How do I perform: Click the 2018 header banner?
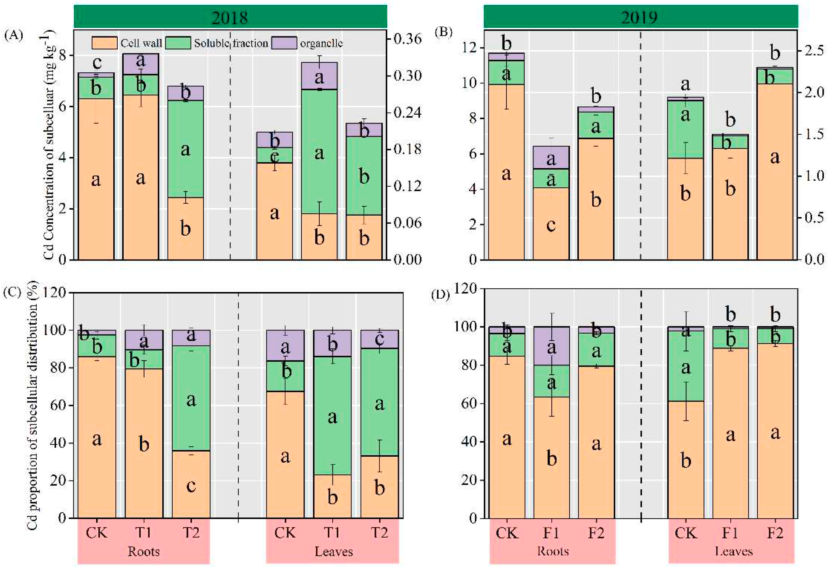click(x=230, y=17)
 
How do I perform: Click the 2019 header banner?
click(x=640, y=17)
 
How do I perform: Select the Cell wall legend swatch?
click(x=104, y=43)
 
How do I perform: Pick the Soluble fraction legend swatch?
click(x=178, y=43)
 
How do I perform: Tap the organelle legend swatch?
click(x=284, y=43)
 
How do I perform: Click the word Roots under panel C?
click(x=144, y=551)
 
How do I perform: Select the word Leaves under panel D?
click(x=733, y=551)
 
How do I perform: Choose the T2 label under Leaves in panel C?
click(x=379, y=533)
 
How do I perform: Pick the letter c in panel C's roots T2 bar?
click(x=191, y=486)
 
